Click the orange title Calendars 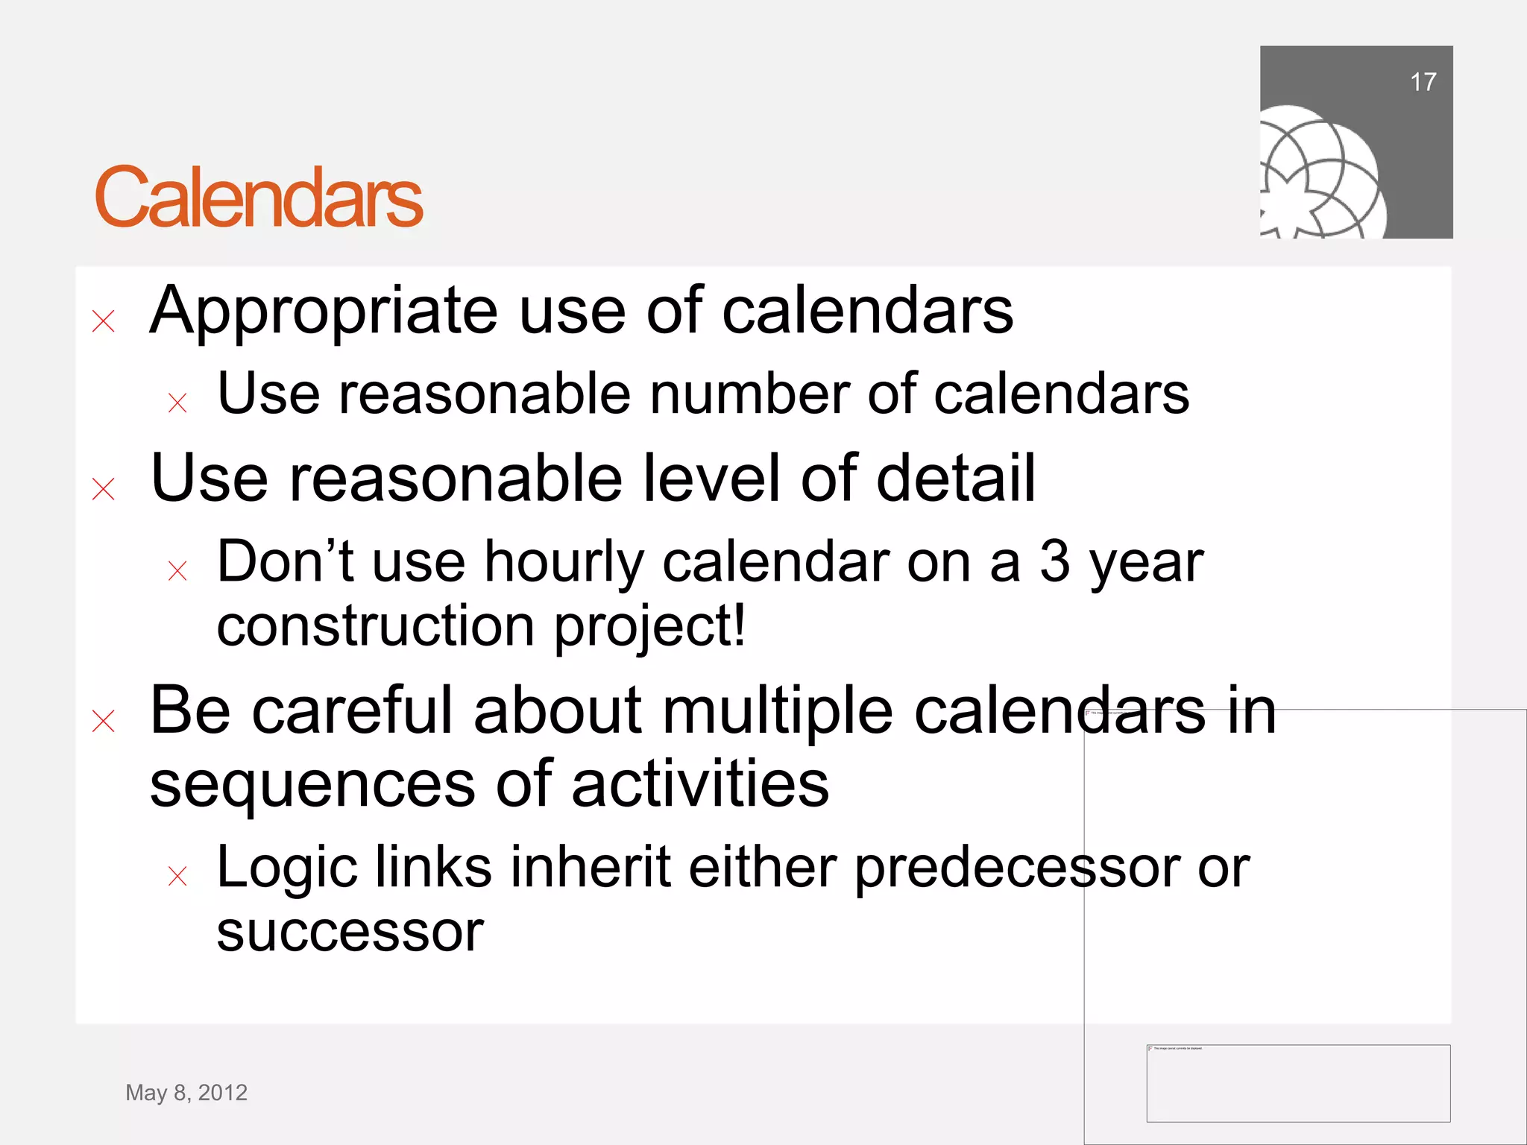click(259, 198)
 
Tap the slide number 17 click(1423, 82)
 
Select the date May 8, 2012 click(186, 1092)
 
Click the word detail click(955, 478)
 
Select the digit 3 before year click(1054, 561)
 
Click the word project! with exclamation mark click(649, 626)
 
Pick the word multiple click(778, 710)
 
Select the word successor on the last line click(350, 932)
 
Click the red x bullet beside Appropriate click(104, 321)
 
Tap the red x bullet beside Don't click(177, 571)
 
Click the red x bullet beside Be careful click(104, 721)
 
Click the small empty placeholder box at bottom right click(1298, 1083)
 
